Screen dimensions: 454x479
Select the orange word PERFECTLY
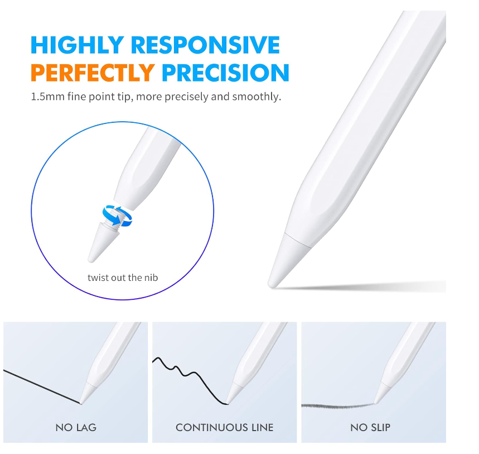click(x=93, y=73)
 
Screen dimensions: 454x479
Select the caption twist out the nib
click(x=126, y=278)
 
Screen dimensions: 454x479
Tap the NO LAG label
click(x=76, y=427)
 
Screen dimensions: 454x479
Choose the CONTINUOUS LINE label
click(x=224, y=427)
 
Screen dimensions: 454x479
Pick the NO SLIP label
click(x=370, y=427)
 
